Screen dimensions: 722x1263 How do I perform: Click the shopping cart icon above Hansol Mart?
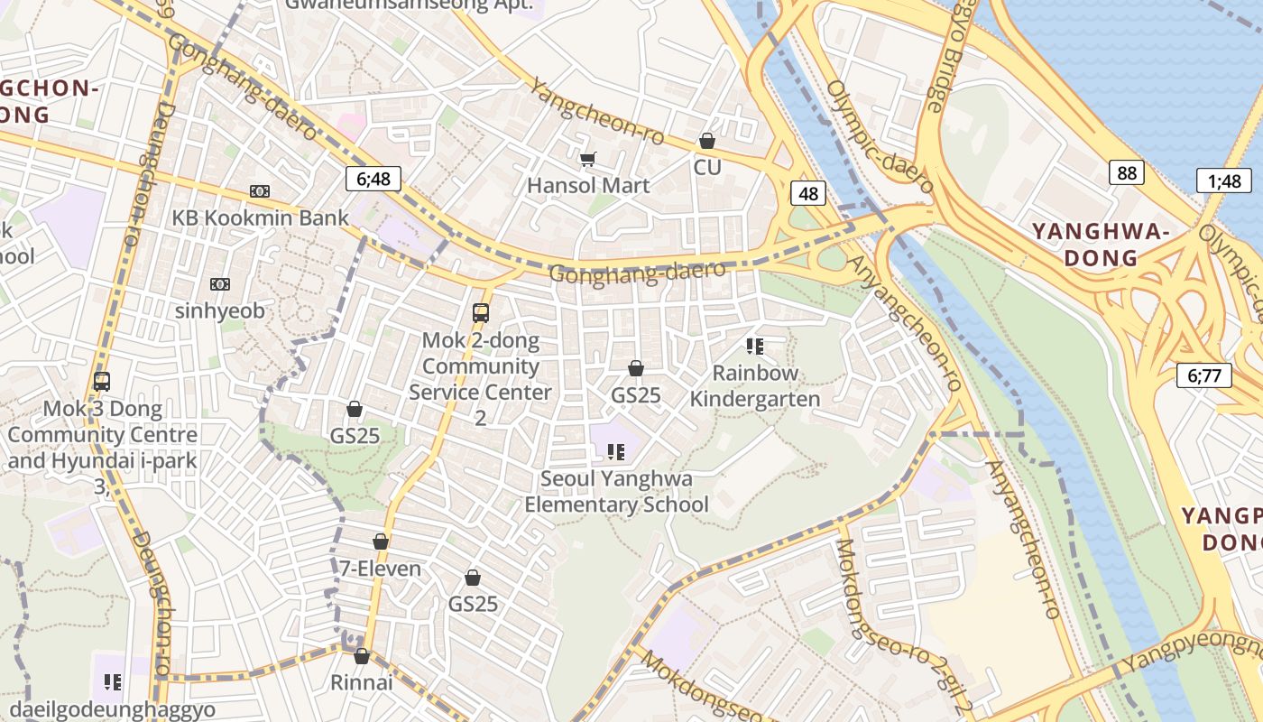587,160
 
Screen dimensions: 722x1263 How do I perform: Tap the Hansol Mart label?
588,186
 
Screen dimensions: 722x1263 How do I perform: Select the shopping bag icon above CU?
707,142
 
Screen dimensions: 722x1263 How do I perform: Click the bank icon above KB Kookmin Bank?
260,191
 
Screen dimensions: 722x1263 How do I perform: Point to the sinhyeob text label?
220,310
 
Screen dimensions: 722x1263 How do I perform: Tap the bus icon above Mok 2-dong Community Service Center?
481,313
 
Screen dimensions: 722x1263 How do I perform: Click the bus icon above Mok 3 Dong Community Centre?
102,382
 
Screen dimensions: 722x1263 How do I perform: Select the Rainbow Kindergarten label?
755,385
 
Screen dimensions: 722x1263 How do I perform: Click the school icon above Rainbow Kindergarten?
755,347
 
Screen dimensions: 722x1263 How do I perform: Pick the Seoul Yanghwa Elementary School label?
617,491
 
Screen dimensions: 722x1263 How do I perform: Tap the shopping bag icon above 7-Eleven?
381,541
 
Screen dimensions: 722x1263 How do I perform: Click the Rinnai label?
361,682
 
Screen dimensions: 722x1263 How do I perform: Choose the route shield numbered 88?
1126,172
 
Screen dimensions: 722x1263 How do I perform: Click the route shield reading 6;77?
1203,375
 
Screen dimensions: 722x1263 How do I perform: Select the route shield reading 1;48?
1224,180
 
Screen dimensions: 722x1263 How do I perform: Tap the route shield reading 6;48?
373,179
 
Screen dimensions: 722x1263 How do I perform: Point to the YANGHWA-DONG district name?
1101,245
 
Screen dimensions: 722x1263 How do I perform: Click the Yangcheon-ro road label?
596,112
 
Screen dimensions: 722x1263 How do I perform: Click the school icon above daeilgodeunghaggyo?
113,682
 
